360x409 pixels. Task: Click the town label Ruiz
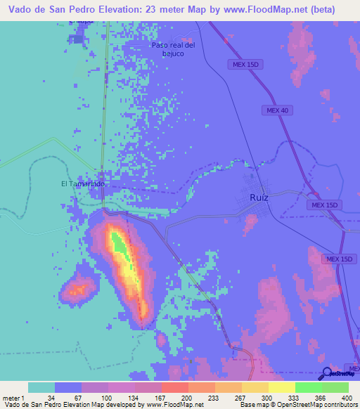[x=259, y=197]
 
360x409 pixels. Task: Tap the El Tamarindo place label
[x=83, y=184]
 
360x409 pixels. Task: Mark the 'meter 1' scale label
[x=13, y=397]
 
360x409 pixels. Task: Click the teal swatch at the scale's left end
[x=41, y=387]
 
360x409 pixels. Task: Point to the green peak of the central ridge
[x=120, y=242]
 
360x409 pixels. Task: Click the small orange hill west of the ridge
[x=78, y=287]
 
